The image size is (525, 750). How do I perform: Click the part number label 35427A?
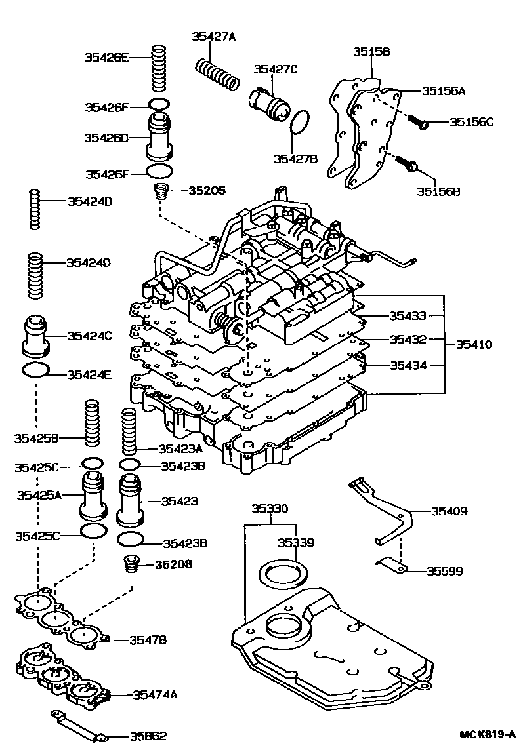pyautogui.click(x=213, y=37)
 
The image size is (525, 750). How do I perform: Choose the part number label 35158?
pyautogui.click(x=371, y=51)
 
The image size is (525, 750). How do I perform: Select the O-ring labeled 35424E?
pyautogui.click(x=35, y=370)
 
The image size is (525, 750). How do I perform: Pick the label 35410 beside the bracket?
pyautogui.click(x=474, y=344)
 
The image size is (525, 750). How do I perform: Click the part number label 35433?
pyautogui.click(x=408, y=315)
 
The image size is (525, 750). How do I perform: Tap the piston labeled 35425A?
pyautogui.click(x=93, y=496)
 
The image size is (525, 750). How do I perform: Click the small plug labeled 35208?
pyautogui.click(x=131, y=563)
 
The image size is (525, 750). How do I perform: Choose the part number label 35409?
pyautogui.click(x=449, y=511)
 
